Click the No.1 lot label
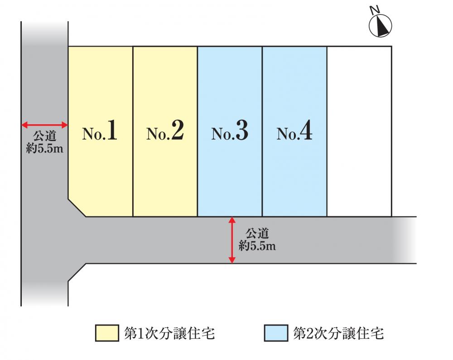click(100, 131)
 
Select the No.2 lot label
click(165, 131)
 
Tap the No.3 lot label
click(230, 131)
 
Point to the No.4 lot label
click(294, 131)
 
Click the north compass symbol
click(381, 25)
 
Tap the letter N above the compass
click(375, 10)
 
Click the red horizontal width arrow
click(44, 125)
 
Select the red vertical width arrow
click(232, 240)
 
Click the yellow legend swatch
click(107, 333)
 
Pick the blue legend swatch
click(276, 333)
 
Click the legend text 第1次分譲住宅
click(169, 333)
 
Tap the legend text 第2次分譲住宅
click(338, 333)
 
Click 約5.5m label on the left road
click(44, 148)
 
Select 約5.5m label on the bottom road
click(257, 246)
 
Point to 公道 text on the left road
click(44, 136)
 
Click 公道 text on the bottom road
click(257, 233)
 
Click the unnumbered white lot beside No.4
click(359, 131)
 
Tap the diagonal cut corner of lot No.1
click(77, 208)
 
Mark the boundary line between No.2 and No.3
click(198, 131)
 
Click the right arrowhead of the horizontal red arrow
click(65, 125)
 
